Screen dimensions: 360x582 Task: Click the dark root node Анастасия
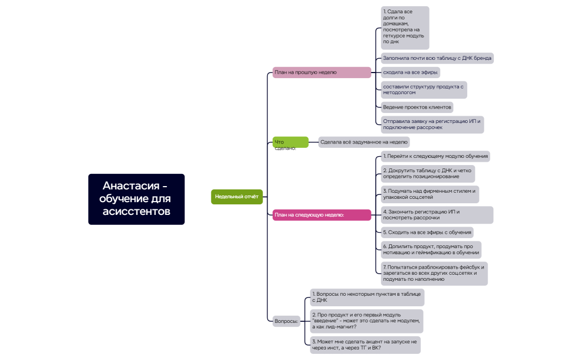pyautogui.click(x=136, y=199)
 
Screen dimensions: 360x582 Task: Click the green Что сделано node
pyautogui.click(x=290, y=142)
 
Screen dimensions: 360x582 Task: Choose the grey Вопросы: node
pyautogui.click(x=287, y=321)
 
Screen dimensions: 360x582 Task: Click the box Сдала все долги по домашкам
pyautogui.click(x=405, y=28)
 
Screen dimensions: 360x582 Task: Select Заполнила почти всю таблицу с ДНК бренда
pyautogui.click(x=437, y=58)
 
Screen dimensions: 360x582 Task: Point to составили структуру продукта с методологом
pyautogui.click(x=423, y=90)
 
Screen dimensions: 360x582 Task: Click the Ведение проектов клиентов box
pyautogui.click(x=417, y=107)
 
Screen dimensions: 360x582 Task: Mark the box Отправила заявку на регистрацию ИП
pyautogui.click(x=432, y=124)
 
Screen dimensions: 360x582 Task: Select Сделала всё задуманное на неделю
pyautogui.click(x=364, y=142)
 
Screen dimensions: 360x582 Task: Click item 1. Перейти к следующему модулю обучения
pyautogui.click(x=435, y=156)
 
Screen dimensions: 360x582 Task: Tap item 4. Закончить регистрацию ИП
pyautogui.click(x=437, y=215)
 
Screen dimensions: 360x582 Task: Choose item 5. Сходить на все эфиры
pyautogui.click(x=427, y=233)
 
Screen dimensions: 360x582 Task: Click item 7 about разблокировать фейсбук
pyautogui.click(x=433, y=274)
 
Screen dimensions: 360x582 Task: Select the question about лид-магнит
pyautogui.click(x=366, y=321)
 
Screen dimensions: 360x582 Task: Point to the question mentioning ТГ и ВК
pyautogui.click(x=365, y=345)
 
